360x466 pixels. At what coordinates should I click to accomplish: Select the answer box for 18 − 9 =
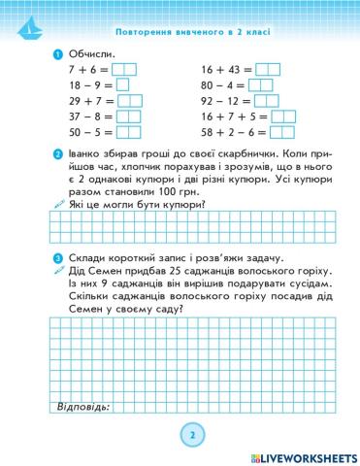(121, 84)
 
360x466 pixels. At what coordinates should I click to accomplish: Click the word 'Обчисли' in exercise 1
(91, 53)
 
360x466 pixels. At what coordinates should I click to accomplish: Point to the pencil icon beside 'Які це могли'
(59, 207)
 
